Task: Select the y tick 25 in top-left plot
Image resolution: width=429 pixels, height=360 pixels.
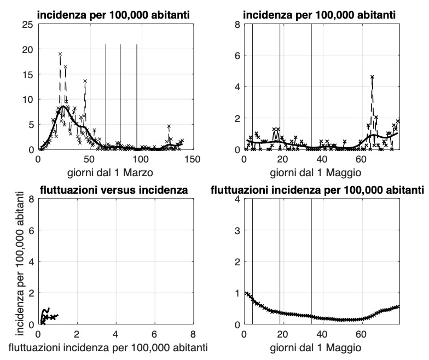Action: [27, 24]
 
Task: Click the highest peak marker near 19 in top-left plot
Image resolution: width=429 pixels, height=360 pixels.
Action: [60, 54]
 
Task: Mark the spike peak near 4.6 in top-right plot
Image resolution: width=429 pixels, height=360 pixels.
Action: [372, 77]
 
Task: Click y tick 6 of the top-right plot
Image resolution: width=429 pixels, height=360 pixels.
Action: [237, 55]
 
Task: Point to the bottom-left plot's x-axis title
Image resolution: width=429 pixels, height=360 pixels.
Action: [114, 346]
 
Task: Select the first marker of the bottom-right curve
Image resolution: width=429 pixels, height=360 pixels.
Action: [246, 293]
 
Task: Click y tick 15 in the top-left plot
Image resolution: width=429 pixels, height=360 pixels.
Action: [27, 74]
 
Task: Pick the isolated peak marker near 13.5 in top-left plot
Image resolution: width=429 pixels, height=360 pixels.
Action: [85, 82]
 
